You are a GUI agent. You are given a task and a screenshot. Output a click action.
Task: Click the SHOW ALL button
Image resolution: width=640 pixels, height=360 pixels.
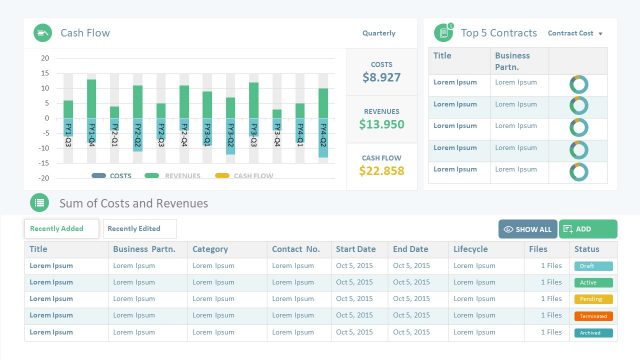click(x=527, y=229)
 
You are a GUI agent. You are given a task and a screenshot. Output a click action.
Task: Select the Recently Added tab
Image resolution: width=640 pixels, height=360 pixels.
click(x=61, y=229)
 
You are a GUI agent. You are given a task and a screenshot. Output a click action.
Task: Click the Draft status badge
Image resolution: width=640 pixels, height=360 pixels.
click(x=587, y=266)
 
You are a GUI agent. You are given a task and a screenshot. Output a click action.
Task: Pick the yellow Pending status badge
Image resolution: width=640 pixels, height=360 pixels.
click(x=587, y=299)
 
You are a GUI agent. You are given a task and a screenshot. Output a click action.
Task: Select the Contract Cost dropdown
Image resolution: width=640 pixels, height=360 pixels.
click(x=575, y=33)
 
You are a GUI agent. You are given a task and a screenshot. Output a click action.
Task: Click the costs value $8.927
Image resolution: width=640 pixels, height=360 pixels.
click(x=382, y=77)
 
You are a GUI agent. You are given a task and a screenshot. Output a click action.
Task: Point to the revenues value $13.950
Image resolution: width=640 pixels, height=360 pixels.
click(x=382, y=125)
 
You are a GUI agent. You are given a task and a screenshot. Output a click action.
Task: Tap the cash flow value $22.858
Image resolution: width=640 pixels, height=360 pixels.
click(x=382, y=171)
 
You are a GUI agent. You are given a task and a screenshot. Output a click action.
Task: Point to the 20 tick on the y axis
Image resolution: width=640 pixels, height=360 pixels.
click(x=45, y=58)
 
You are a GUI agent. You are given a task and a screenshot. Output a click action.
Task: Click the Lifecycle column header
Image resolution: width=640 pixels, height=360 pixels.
click(x=470, y=249)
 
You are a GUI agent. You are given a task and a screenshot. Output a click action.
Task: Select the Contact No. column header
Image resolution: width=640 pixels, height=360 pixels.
click(x=295, y=249)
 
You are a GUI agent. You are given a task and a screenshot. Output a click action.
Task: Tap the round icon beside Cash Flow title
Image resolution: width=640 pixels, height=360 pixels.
click(x=42, y=33)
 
